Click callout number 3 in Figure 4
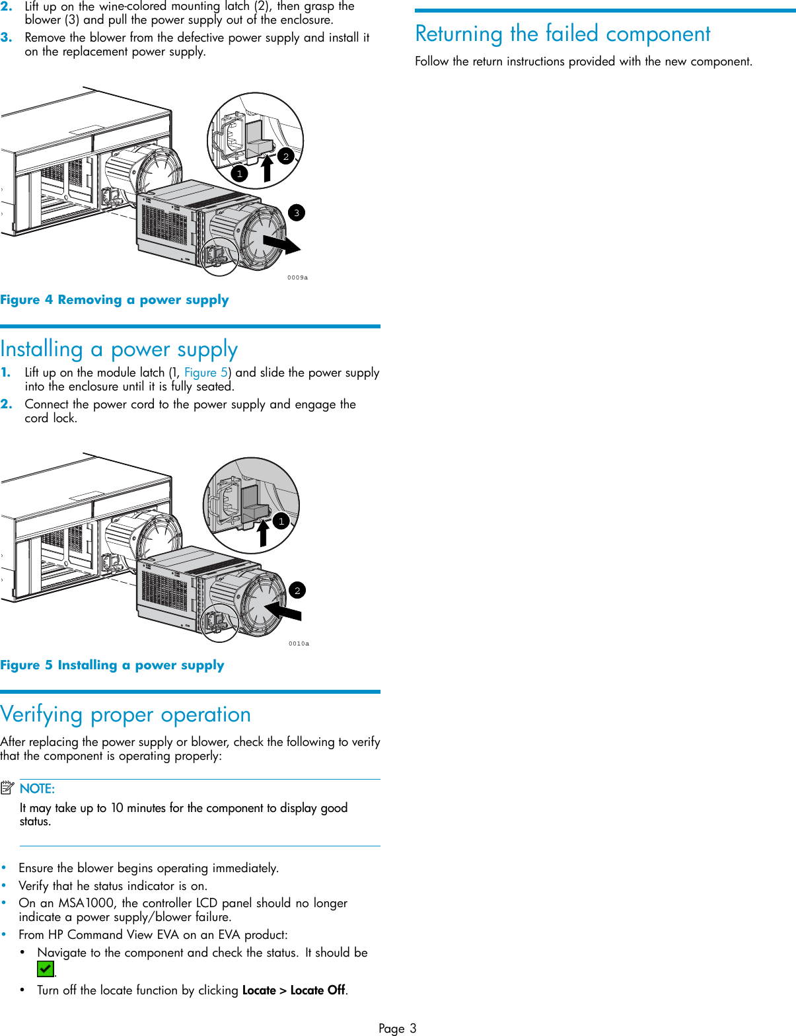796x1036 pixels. click(297, 213)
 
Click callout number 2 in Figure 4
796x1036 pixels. click(285, 156)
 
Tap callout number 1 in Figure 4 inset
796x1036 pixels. click(239, 174)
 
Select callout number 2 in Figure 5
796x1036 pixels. click(297, 590)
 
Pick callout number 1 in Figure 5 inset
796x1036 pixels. click(281, 521)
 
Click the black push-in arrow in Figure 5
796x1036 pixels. click(283, 610)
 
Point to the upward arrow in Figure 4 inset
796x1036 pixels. click(267, 168)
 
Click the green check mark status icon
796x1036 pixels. click(45, 969)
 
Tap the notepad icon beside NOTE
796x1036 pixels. click(7, 788)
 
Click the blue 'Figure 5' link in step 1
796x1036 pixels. click(205, 373)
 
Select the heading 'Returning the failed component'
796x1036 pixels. click(563, 33)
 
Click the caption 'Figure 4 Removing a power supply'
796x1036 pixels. click(114, 300)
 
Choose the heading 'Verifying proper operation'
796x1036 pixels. click(126, 714)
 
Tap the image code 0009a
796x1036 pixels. click(297, 277)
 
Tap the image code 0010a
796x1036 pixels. click(299, 644)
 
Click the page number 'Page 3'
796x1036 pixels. click(397, 1028)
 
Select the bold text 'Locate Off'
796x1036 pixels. click(318, 990)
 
